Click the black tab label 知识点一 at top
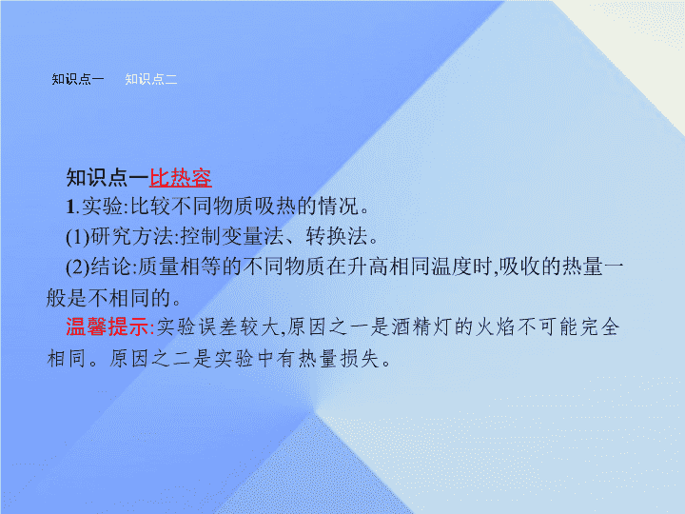(x=78, y=79)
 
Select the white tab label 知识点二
(x=151, y=79)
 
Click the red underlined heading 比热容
(x=181, y=178)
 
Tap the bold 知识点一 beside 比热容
(x=108, y=178)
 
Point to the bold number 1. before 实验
(x=72, y=207)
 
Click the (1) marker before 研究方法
(x=78, y=237)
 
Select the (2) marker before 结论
(x=78, y=267)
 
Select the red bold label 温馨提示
(x=108, y=326)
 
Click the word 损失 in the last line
(x=359, y=359)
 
